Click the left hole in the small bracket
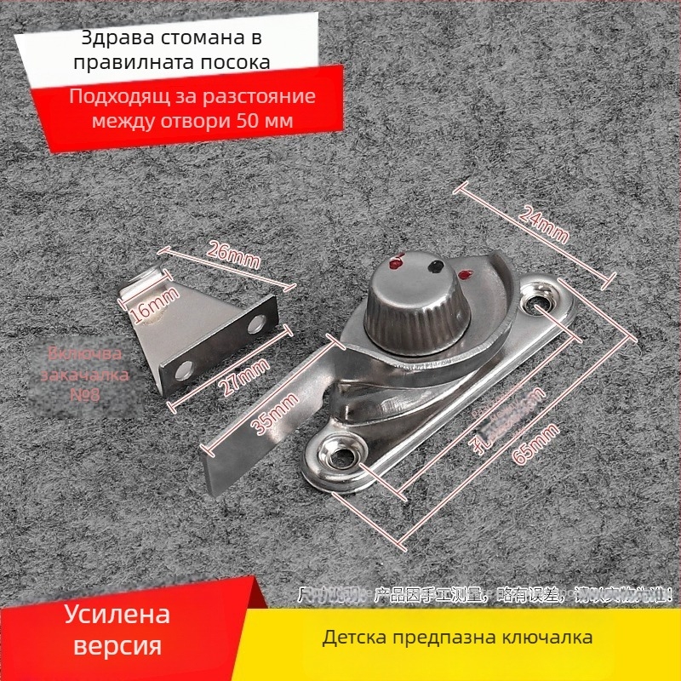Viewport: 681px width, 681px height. pos(183,369)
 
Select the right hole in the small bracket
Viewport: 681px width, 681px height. pos(256,324)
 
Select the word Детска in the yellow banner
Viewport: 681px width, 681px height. pos(352,637)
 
